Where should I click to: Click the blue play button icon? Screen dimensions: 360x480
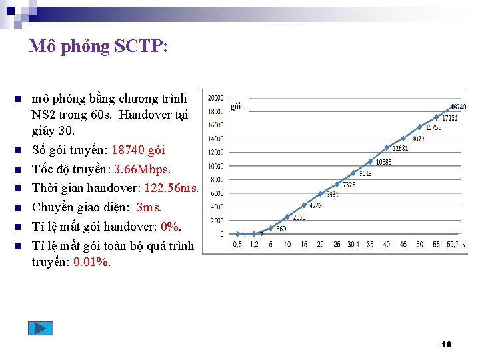[x=40, y=328]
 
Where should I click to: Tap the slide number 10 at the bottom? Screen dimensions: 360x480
[x=447, y=344]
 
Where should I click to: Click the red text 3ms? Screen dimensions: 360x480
[x=149, y=207]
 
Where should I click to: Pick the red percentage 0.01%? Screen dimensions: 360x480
[x=92, y=261]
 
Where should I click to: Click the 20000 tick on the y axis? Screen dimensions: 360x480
[x=215, y=97]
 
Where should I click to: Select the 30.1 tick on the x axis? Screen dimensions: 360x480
[x=353, y=245]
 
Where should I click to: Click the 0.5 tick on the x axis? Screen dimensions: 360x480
[x=237, y=245]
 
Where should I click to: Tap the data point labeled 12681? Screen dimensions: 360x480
[x=387, y=148]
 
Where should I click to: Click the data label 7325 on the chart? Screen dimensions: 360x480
[x=349, y=185]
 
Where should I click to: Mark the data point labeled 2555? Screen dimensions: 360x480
[x=287, y=217]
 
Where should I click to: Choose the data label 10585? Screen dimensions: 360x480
[x=383, y=162]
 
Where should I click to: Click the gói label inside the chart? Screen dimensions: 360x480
[x=235, y=106]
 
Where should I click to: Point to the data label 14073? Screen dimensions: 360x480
[x=417, y=139]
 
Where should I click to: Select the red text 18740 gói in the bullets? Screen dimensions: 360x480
[x=138, y=149]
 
